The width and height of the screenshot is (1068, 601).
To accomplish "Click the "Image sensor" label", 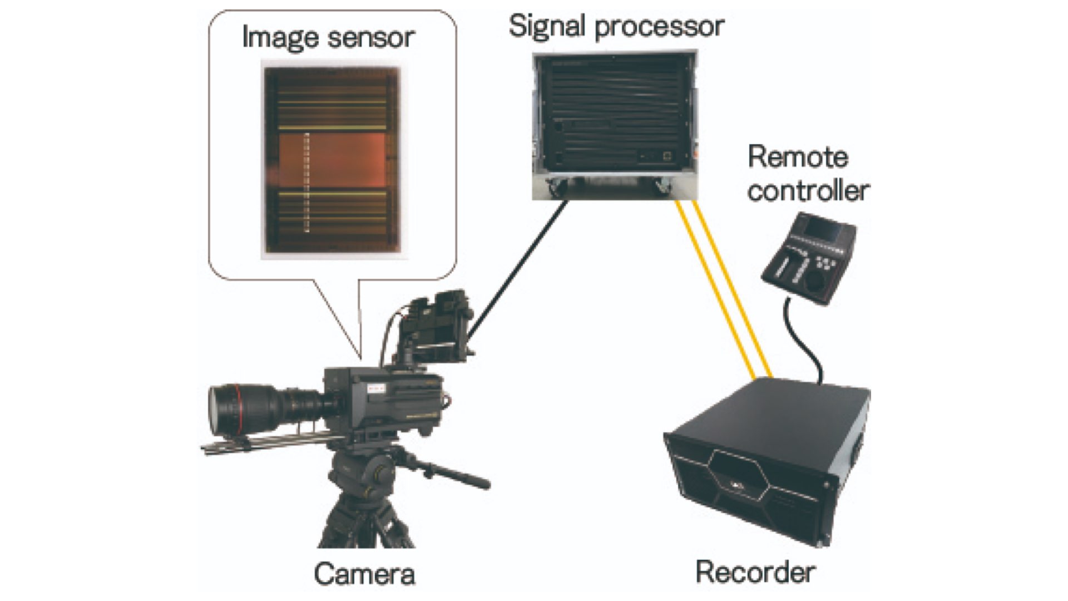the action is (x=328, y=38).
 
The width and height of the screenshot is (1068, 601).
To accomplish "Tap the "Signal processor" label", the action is (x=616, y=27).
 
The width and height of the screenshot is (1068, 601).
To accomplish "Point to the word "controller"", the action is (x=808, y=190).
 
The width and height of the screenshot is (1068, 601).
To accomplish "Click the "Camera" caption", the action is (x=364, y=574).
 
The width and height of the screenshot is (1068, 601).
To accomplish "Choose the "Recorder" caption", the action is (x=755, y=572).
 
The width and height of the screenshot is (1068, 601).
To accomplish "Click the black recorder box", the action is (x=768, y=462).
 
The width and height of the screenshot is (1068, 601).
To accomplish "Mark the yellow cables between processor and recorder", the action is (x=723, y=289).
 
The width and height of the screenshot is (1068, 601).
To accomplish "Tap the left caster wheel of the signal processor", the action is (x=557, y=188).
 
